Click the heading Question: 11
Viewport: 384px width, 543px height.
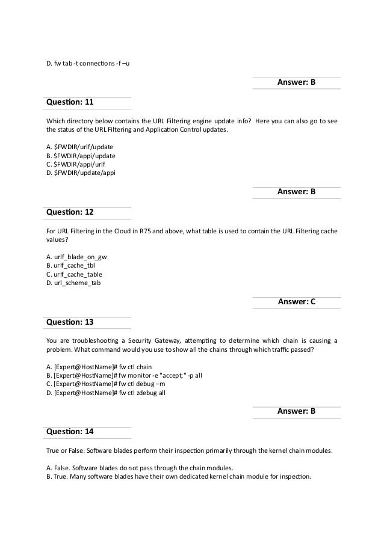point(70,102)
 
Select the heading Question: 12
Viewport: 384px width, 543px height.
point(70,212)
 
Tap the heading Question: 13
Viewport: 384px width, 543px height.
point(70,322)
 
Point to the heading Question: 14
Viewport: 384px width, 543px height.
point(70,431)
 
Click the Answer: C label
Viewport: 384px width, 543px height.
point(296,302)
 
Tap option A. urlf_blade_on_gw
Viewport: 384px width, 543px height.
point(76,256)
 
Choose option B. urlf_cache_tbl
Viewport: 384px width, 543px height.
point(71,265)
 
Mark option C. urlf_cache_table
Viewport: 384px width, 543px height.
point(74,274)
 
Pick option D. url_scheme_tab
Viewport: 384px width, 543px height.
point(73,283)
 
